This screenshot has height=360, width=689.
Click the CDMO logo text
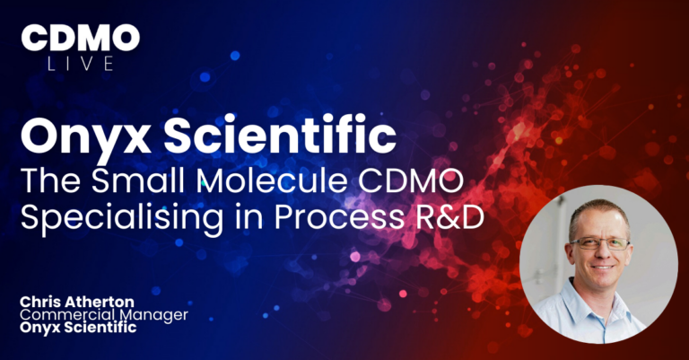pos(81,38)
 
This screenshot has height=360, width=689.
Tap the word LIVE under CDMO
pos(81,63)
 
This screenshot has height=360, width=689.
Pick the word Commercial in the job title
pos(61,314)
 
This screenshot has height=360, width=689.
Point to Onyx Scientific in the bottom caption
pos(80,328)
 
